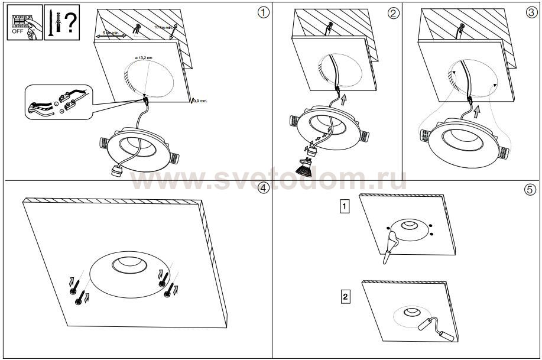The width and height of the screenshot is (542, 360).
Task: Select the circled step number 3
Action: (x=531, y=12)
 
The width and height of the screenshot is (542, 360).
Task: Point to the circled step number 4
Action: (x=264, y=188)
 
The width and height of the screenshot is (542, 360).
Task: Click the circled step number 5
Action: (x=531, y=189)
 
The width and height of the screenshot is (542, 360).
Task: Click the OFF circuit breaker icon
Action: (x=23, y=23)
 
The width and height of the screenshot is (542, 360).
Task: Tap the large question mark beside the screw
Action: (x=70, y=22)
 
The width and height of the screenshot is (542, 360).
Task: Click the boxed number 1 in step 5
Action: (x=344, y=206)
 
